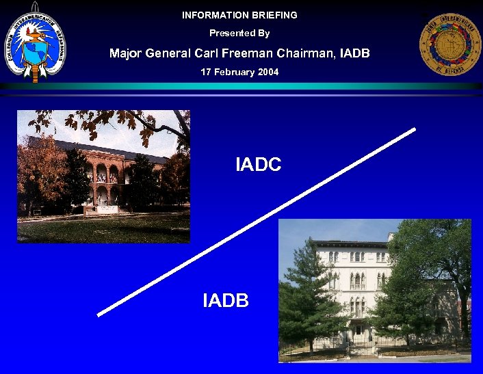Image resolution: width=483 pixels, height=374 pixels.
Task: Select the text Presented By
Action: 239,34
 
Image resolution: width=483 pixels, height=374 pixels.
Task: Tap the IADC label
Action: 258,165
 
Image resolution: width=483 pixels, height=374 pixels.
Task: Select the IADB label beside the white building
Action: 226,300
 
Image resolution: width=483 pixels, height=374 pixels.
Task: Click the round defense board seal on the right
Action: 450,45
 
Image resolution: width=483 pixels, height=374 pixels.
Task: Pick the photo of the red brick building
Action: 103,176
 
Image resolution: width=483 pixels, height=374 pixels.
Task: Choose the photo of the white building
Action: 374,291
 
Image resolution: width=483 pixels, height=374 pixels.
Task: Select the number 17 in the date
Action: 206,72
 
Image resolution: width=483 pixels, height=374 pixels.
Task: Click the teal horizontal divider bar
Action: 241,87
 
